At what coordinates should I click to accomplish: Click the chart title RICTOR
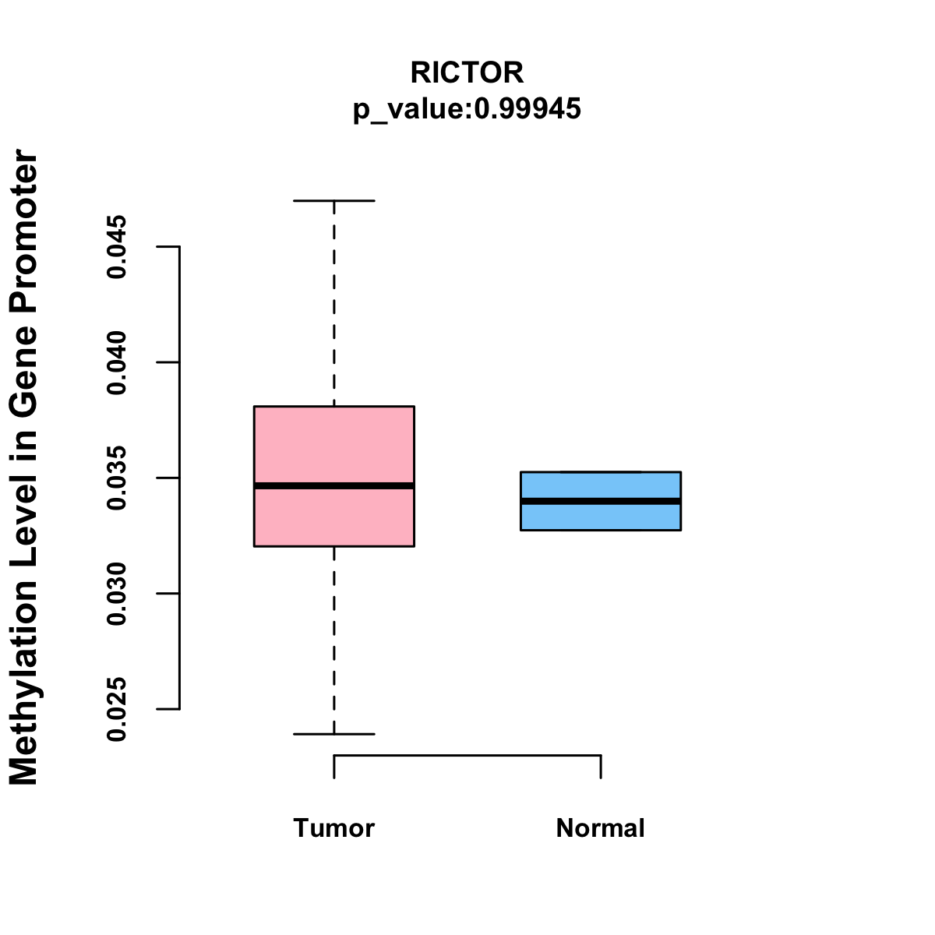[467, 72]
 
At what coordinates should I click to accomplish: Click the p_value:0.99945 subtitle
[467, 108]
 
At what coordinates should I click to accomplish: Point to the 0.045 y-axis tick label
[117, 247]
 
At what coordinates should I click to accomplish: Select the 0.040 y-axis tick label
[117, 362]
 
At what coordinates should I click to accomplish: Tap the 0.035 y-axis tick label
[117, 478]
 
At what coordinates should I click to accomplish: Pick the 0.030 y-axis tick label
[117, 594]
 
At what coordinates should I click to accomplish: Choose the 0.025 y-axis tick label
[117, 709]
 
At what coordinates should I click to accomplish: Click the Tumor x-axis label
[333, 827]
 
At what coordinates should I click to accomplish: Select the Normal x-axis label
[600, 827]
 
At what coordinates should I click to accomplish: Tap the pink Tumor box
[333, 444]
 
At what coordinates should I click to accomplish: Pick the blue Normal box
[600, 516]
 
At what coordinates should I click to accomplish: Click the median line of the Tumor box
[333, 485]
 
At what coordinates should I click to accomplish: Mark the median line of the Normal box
[600, 501]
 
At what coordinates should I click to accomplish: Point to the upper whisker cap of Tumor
[333, 200]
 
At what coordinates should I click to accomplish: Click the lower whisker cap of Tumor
[333, 734]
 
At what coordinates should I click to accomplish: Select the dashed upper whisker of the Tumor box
[333, 304]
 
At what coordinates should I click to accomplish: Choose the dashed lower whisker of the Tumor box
[333, 639]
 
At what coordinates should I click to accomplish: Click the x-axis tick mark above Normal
[601, 767]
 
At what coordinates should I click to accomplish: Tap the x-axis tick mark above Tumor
[334, 767]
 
